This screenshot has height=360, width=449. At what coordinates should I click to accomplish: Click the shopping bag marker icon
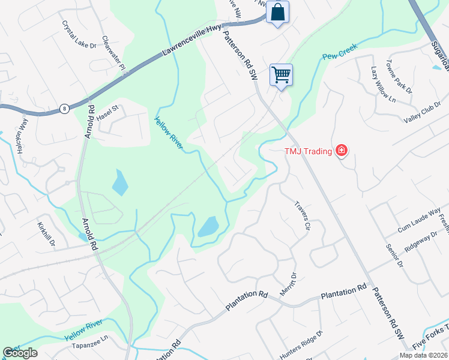coord(277,12)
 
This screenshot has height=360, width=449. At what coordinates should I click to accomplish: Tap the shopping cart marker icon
coord(281,75)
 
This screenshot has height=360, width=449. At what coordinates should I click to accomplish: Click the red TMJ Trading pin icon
coord(342,150)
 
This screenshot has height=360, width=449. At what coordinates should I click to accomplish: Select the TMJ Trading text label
coord(308,151)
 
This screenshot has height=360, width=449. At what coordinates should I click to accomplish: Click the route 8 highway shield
coord(64,109)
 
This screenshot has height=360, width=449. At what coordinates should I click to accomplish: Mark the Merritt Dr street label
coord(289,284)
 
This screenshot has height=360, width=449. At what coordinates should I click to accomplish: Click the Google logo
coord(20,353)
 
